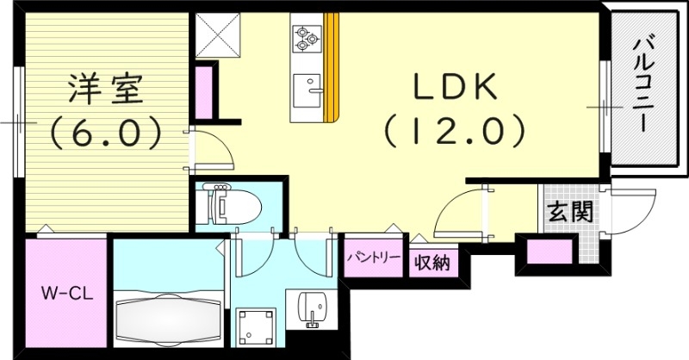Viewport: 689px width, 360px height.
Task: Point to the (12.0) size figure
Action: pyautogui.click(x=453, y=132)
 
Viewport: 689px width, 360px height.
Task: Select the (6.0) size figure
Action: pyautogui.click(x=106, y=132)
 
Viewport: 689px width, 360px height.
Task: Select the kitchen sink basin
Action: pyautogui.click(x=306, y=88)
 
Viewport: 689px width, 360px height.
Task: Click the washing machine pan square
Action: pyautogui.click(x=256, y=328)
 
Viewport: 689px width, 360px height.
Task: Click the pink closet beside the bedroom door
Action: pyautogui.click(x=205, y=90)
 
